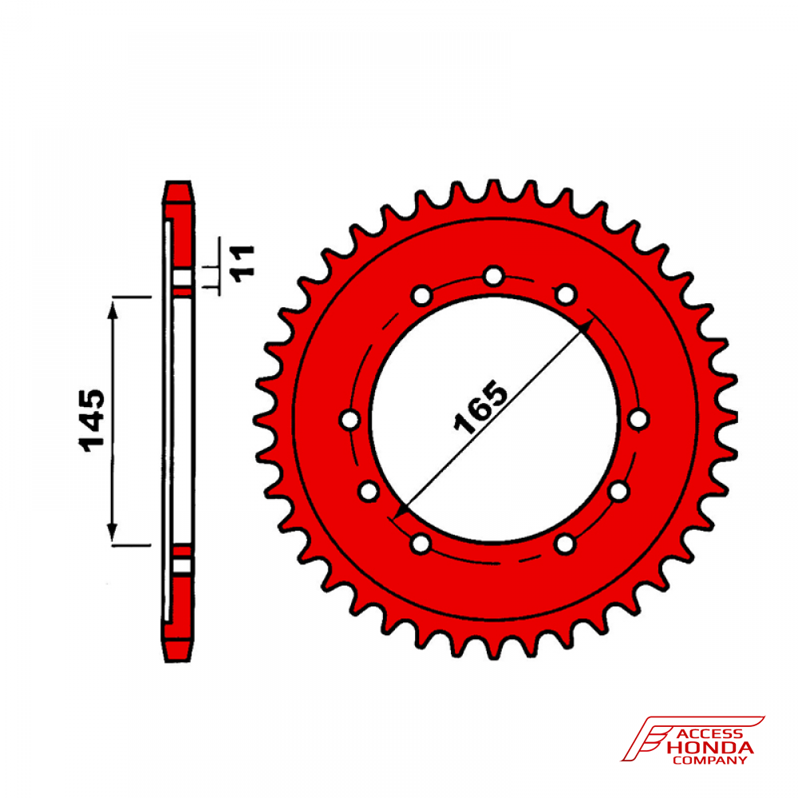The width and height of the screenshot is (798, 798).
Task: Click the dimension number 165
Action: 480,408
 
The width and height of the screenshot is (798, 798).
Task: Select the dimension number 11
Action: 243,263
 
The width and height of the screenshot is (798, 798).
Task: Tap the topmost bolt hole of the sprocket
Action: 493,276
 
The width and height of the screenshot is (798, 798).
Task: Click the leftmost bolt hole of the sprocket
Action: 350,420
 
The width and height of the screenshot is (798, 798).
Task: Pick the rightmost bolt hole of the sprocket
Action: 638,420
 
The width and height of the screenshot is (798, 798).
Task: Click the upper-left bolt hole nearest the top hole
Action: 422,295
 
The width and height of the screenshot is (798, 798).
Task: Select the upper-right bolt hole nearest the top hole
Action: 566,294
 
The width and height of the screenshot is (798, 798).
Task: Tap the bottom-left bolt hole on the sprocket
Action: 421,543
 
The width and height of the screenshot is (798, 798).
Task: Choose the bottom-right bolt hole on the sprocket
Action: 565,543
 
